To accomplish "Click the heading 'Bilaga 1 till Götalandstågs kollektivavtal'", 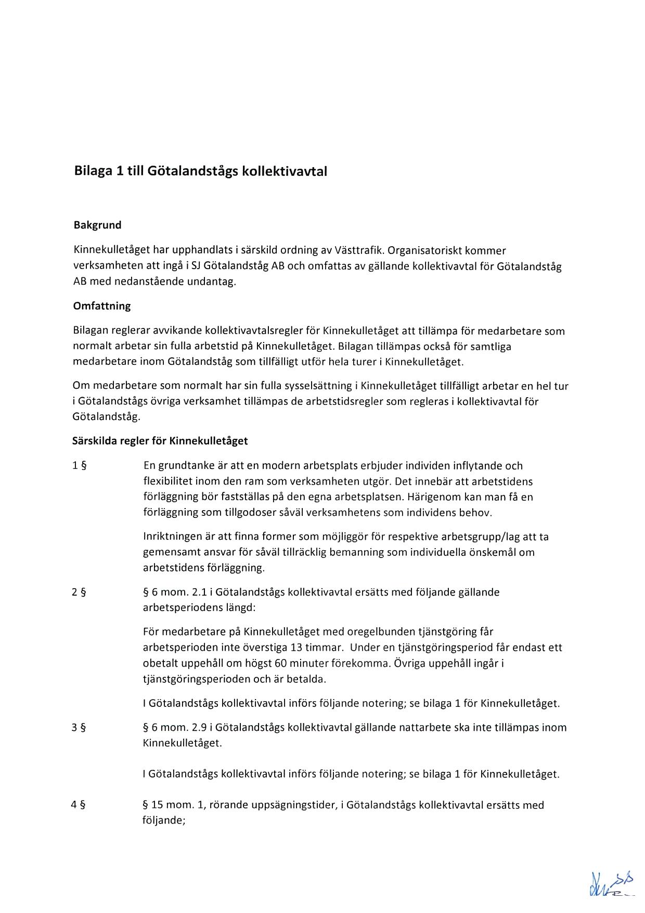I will (x=200, y=171).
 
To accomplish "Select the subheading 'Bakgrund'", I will (x=97, y=225).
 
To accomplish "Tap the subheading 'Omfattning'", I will (x=102, y=306).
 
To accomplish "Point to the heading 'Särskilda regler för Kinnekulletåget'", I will (x=160, y=441).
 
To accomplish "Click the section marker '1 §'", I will (x=79, y=466).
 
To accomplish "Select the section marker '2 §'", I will (x=79, y=592).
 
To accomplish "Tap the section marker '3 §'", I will (x=79, y=727).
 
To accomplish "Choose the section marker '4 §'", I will (x=79, y=805).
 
